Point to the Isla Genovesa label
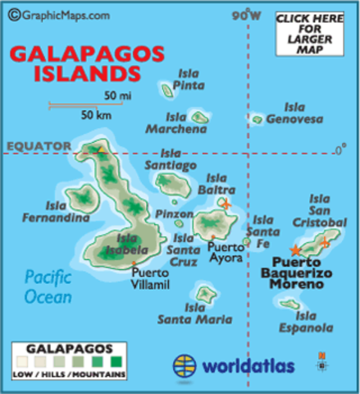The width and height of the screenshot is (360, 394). coord(303,113)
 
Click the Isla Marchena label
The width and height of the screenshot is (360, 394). coord(176,123)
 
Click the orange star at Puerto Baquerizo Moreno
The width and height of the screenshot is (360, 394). coord(295,250)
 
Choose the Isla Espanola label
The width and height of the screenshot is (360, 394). coord(315,321)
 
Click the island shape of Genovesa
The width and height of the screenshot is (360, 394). coord(257,120)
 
